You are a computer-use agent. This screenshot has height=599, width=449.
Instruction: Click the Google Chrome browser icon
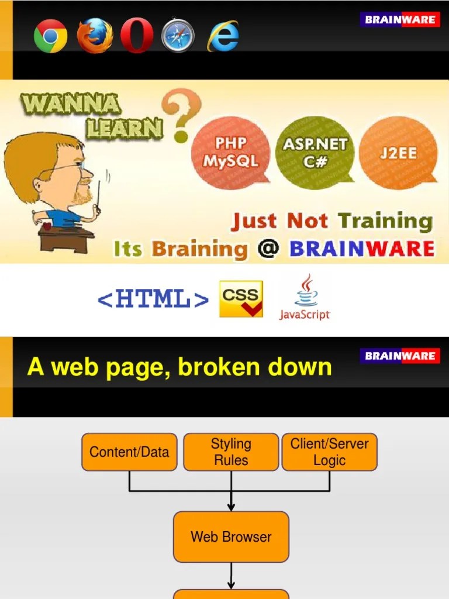coord(50,36)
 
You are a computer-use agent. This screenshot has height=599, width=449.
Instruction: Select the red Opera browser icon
coord(137,36)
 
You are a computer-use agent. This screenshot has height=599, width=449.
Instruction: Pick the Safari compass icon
coord(178,36)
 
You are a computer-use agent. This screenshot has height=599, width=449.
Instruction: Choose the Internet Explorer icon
coord(223,36)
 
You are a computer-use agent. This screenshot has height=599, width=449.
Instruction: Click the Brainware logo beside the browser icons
coord(400,20)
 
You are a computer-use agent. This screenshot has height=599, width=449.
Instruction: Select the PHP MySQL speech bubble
coord(231,152)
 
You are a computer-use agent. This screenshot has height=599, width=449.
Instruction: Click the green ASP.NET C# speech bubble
coord(315,152)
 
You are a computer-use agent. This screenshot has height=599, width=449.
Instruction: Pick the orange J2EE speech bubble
coord(398,152)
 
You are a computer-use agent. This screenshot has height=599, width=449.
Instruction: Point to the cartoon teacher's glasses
coord(70,170)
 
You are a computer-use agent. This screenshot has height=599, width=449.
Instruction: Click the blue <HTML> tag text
coord(153,299)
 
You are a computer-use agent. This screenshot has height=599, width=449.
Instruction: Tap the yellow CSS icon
coord(241,299)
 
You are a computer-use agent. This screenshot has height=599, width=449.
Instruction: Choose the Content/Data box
coord(129,452)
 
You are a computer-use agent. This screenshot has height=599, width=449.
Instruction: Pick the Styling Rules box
coord(231,452)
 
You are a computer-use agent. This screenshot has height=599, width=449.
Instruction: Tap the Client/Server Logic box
coord(330,452)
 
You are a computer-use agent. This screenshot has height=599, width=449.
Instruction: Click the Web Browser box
coord(231,536)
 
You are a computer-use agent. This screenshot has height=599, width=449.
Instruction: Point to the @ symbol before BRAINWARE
coord(268,249)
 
